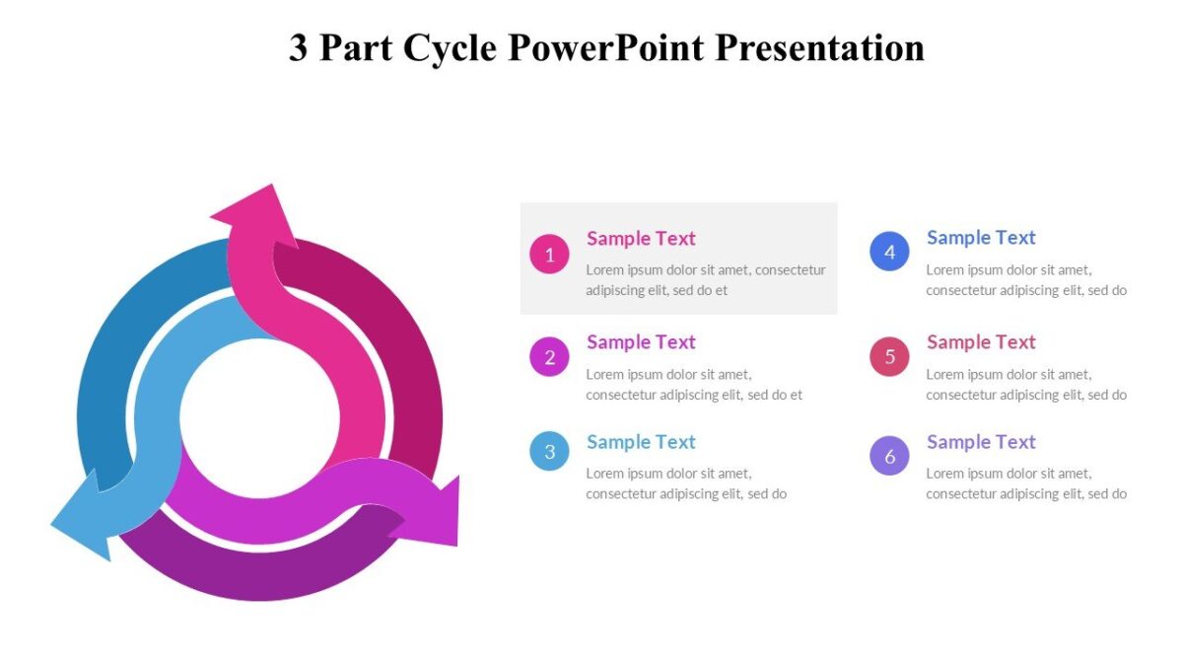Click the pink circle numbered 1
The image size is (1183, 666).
pos(549,254)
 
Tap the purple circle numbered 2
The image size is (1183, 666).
pos(549,357)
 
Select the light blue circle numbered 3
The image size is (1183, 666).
pos(549,451)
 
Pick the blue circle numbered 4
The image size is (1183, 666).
pos(889,252)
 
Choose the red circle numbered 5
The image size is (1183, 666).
pos(889,356)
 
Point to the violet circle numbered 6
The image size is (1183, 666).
pos(889,455)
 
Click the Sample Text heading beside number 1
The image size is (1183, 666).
pos(641,238)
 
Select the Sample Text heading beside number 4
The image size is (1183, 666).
pos(981,237)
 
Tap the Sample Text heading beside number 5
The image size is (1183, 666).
pos(981,341)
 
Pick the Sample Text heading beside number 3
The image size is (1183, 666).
pos(641,441)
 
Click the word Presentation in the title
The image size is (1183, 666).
pos(819,47)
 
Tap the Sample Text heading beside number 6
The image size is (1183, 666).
pos(981,441)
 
